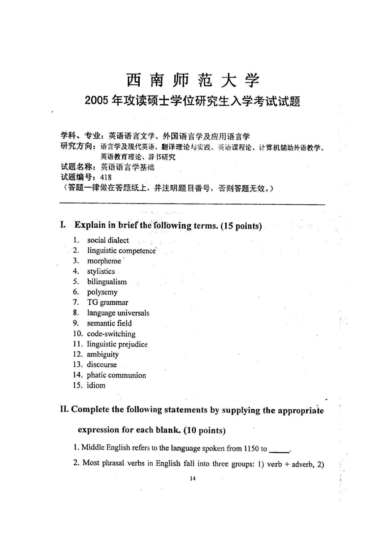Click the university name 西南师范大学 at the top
(193, 80)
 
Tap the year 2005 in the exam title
(97, 101)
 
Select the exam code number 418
(106, 177)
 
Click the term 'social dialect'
(108, 240)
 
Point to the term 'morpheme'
(104, 261)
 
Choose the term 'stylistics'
(101, 271)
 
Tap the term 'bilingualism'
(107, 282)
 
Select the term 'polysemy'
(102, 292)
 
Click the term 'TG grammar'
(107, 302)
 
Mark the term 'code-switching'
(111, 334)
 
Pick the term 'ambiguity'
(102, 355)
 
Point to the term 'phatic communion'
(116, 375)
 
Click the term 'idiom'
(96, 385)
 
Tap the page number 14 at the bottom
(193, 478)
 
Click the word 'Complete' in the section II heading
(90, 410)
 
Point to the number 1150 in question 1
(251, 449)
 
